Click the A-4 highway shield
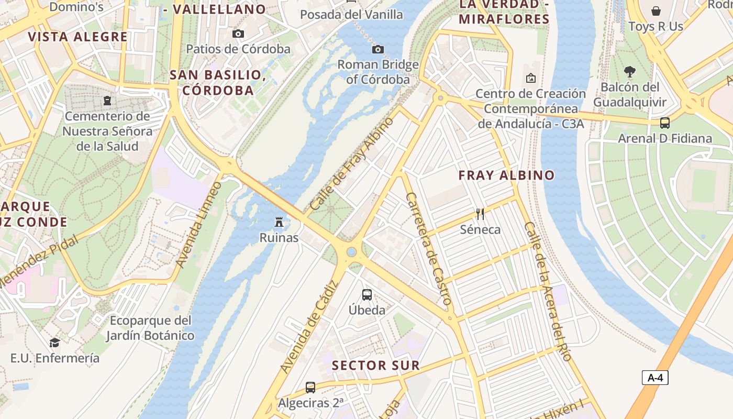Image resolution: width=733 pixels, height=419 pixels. [654, 378]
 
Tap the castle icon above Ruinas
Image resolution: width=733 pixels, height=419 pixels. [279, 223]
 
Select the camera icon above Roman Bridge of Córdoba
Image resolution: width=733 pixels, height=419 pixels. [377, 50]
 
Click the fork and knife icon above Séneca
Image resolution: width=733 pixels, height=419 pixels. [480, 214]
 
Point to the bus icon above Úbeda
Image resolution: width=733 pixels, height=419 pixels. [367, 295]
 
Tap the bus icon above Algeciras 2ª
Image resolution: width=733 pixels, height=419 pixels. [310, 388]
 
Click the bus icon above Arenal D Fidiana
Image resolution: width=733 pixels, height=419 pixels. [664, 123]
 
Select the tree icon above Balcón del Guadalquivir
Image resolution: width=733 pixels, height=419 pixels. [630, 72]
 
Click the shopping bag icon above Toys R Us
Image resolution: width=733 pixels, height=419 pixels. [656, 11]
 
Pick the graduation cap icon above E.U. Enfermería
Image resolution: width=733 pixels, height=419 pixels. [54, 343]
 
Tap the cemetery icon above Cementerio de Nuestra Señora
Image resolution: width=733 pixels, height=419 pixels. [107, 101]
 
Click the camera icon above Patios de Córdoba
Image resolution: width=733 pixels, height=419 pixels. [238, 34]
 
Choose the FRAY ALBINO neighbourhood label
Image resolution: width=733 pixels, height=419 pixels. [506, 175]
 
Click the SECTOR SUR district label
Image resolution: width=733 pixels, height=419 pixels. [376, 366]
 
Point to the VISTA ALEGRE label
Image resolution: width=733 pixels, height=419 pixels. [77, 37]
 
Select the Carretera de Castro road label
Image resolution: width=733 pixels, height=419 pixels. [428, 249]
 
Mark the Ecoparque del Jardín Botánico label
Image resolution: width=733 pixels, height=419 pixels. [150, 328]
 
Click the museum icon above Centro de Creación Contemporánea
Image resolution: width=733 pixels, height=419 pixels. [530, 79]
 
